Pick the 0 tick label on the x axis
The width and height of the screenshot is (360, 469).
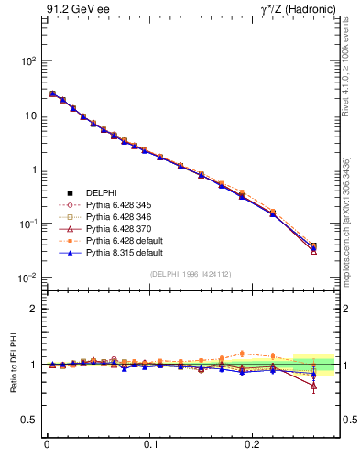click(x=47, y=451)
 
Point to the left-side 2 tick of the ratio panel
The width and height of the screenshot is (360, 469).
click(x=34, y=309)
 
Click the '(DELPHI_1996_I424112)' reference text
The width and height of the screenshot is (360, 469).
click(x=190, y=274)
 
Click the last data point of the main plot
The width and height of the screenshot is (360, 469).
click(x=313, y=246)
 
